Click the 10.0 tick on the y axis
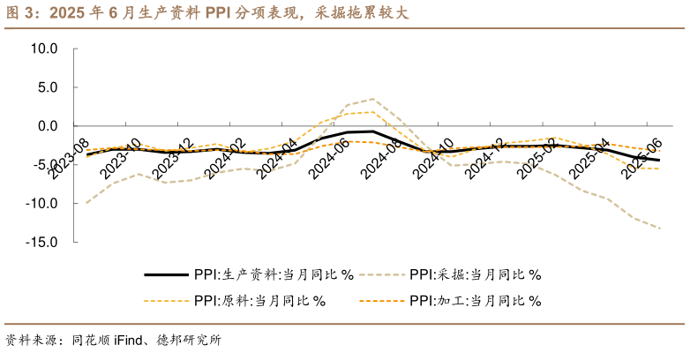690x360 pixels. point(42,49)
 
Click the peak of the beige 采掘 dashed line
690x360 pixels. point(374,99)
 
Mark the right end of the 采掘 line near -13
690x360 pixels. point(660,229)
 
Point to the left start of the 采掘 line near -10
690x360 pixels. point(86,203)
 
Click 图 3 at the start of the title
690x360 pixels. point(19,14)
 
